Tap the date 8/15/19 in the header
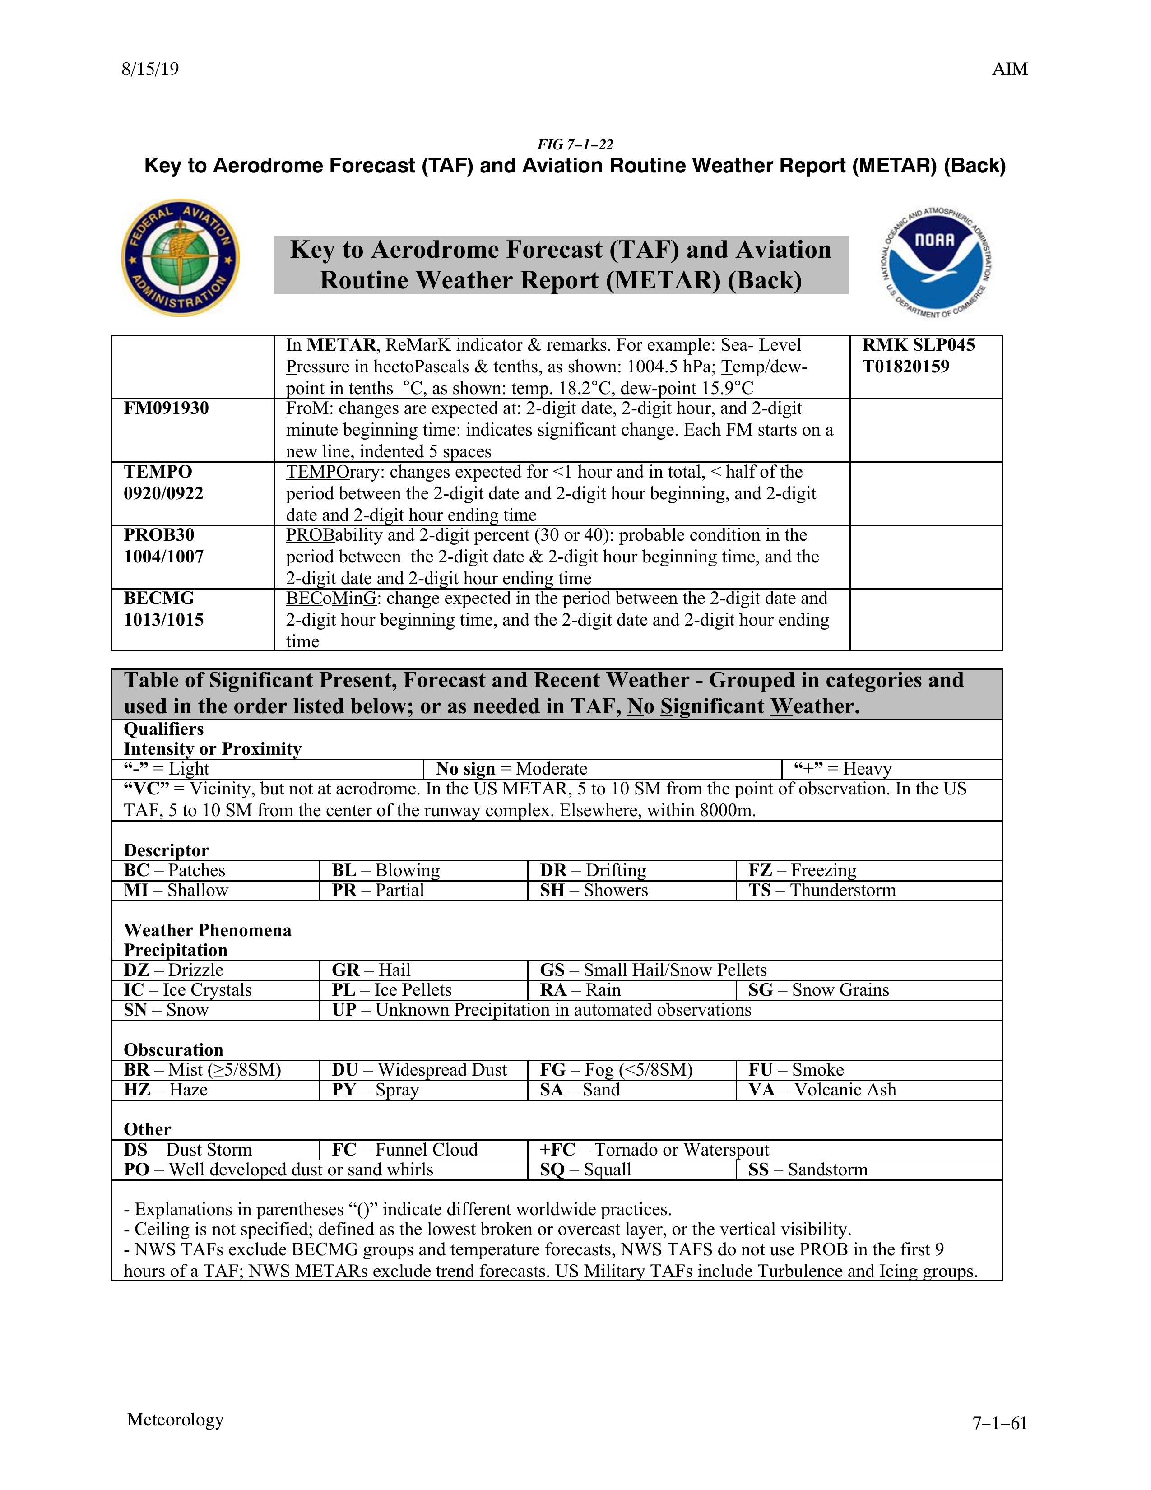(150, 69)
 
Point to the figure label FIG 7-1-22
(575, 144)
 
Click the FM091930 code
(167, 408)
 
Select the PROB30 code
(159, 535)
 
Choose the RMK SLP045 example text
(919, 345)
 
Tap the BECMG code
(159, 599)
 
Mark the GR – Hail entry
(371, 970)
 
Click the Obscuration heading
(173, 1050)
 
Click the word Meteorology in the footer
(175, 1420)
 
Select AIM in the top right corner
(1009, 69)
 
